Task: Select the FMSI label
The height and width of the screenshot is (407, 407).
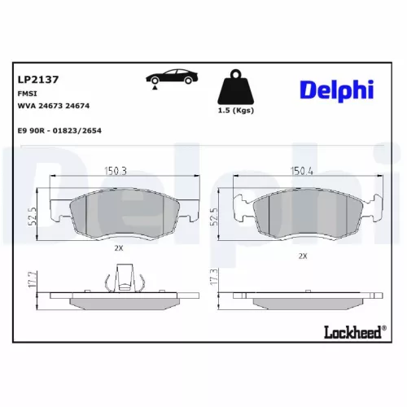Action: [x=26, y=94]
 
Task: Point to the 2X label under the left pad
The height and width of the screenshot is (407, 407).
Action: [x=118, y=247]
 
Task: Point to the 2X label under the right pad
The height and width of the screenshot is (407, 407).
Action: [x=303, y=256]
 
